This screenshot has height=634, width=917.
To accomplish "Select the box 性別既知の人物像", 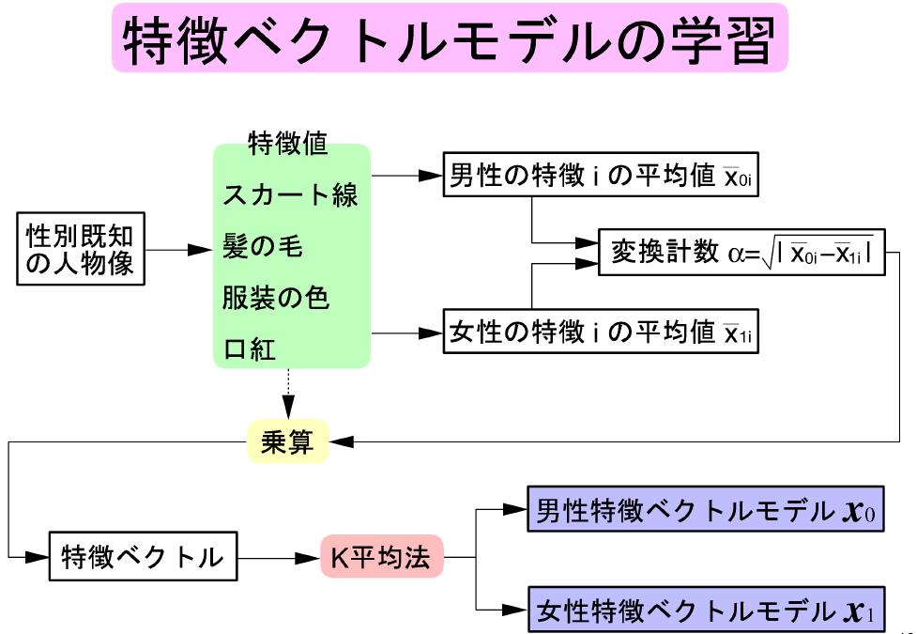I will point(81,250).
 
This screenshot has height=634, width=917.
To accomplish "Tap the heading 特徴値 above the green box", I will point(287,143).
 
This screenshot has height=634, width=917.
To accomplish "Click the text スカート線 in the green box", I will point(290,196).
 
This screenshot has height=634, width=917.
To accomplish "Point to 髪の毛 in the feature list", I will point(262,247).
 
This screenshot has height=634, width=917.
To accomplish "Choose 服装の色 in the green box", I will point(276,299).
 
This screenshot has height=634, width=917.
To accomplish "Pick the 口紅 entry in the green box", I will point(249,349).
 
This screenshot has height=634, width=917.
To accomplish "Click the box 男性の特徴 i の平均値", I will point(601,176).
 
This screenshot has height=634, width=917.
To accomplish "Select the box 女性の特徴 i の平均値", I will point(601,333).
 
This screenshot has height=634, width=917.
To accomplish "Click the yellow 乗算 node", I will point(287,441).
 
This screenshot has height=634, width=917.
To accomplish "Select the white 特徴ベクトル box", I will point(143,556).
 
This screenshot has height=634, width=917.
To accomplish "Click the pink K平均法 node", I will point(380,557).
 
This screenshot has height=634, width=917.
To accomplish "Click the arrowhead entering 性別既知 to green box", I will point(198,250).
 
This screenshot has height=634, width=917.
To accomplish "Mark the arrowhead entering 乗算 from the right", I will point(341,441).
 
